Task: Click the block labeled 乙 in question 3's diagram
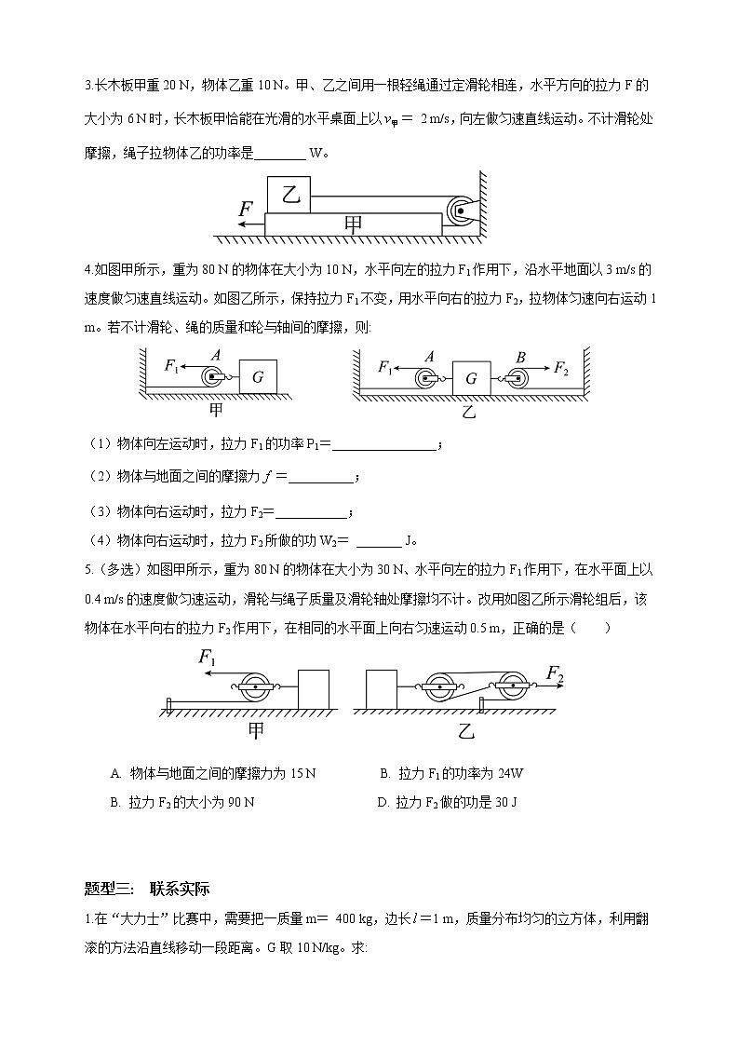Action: pos(289,194)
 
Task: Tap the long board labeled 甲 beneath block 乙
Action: pos(353,224)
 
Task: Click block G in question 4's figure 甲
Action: pos(257,378)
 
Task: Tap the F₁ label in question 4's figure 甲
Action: pos(171,366)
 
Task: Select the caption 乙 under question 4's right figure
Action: pos(468,410)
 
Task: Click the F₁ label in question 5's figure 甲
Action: pos(208,658)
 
